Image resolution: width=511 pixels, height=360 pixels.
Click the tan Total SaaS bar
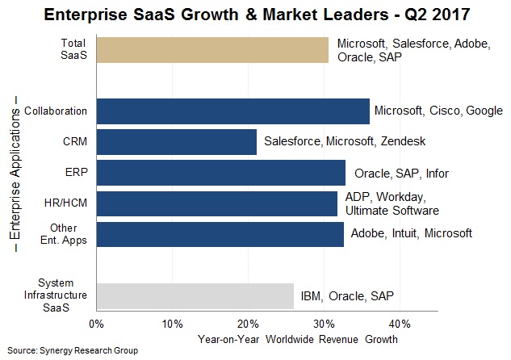click(x=212, y=49)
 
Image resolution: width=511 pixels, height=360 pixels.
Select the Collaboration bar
click(x=232, y=111)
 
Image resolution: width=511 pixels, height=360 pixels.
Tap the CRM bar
click(x=176, y=142)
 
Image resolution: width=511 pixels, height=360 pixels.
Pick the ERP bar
click(x=220, y=173)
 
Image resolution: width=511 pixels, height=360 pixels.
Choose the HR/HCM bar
click(x=216, y=203)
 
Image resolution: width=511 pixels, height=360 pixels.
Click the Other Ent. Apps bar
click(x=220, y=234)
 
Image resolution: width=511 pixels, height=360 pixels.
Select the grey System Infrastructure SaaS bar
click(x=195, y=295)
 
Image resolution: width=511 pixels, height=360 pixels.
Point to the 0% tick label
click(x=96, y=324)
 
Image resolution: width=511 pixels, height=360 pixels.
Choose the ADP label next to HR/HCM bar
click(x=358, y=197)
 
